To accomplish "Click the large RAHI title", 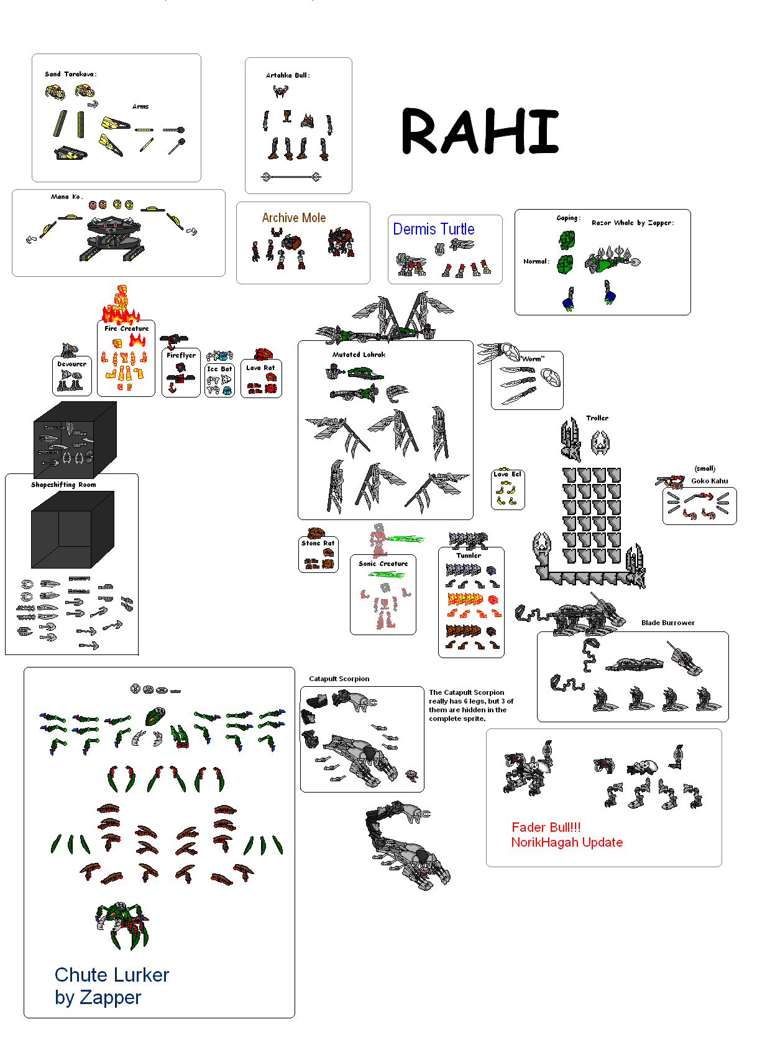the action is [x=479, y=131].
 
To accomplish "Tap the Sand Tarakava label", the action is [x=70, y=74].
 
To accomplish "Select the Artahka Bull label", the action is [x=288, y=75].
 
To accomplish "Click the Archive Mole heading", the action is [x=293, y=218].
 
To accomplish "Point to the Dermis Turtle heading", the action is [x=433, y=229].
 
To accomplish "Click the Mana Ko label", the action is [x=66, y=197].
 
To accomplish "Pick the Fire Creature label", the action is [x=126, y=328].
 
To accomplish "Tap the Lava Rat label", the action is [x=260, y=368].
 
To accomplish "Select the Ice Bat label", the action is [x=219, y=369].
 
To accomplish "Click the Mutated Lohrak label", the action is [x=359, y=354].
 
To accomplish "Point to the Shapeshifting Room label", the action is [x=63, y=485].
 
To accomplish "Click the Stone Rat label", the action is [x=318, y=542].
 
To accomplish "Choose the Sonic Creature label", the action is [x=383, y=563].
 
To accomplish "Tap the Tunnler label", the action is [x=469, y=556].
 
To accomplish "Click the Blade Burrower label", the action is [x=667, y=623].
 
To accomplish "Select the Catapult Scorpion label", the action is [x=339, y=678].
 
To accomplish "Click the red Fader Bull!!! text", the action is [x=546, y=827].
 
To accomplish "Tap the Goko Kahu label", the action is [x=709, y=481].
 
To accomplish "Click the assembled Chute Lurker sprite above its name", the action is [x=122, y=924].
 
